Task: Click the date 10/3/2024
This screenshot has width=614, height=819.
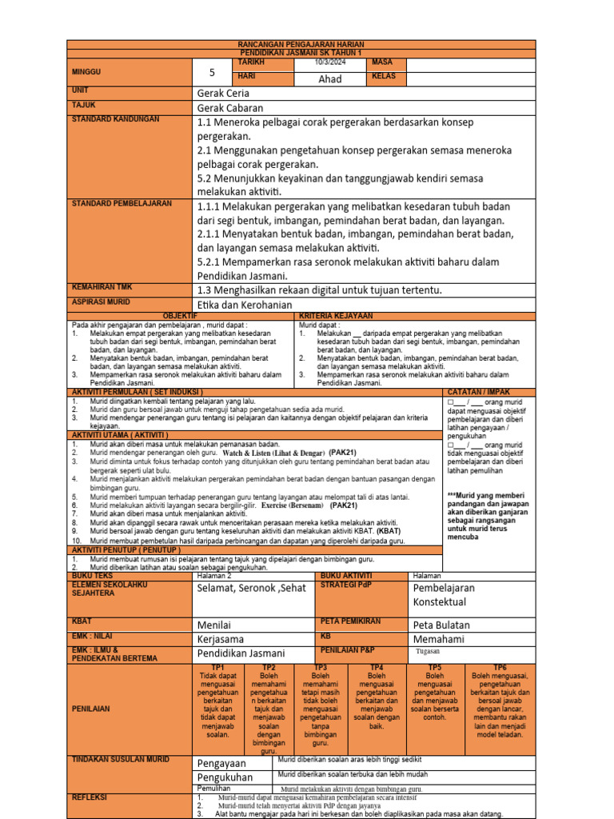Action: coord(331,62)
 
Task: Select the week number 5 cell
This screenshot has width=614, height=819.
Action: coord(212,72)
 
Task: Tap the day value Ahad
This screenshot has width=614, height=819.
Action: coord(330,78)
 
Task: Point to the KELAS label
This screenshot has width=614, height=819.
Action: coord(385,77)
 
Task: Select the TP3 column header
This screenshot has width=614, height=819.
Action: coord(321,666)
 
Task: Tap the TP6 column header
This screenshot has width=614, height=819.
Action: coord(500,666)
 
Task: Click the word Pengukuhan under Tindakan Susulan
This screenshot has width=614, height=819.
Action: coord(225,777)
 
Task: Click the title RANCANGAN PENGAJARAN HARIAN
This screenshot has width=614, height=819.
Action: coord(301,44)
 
